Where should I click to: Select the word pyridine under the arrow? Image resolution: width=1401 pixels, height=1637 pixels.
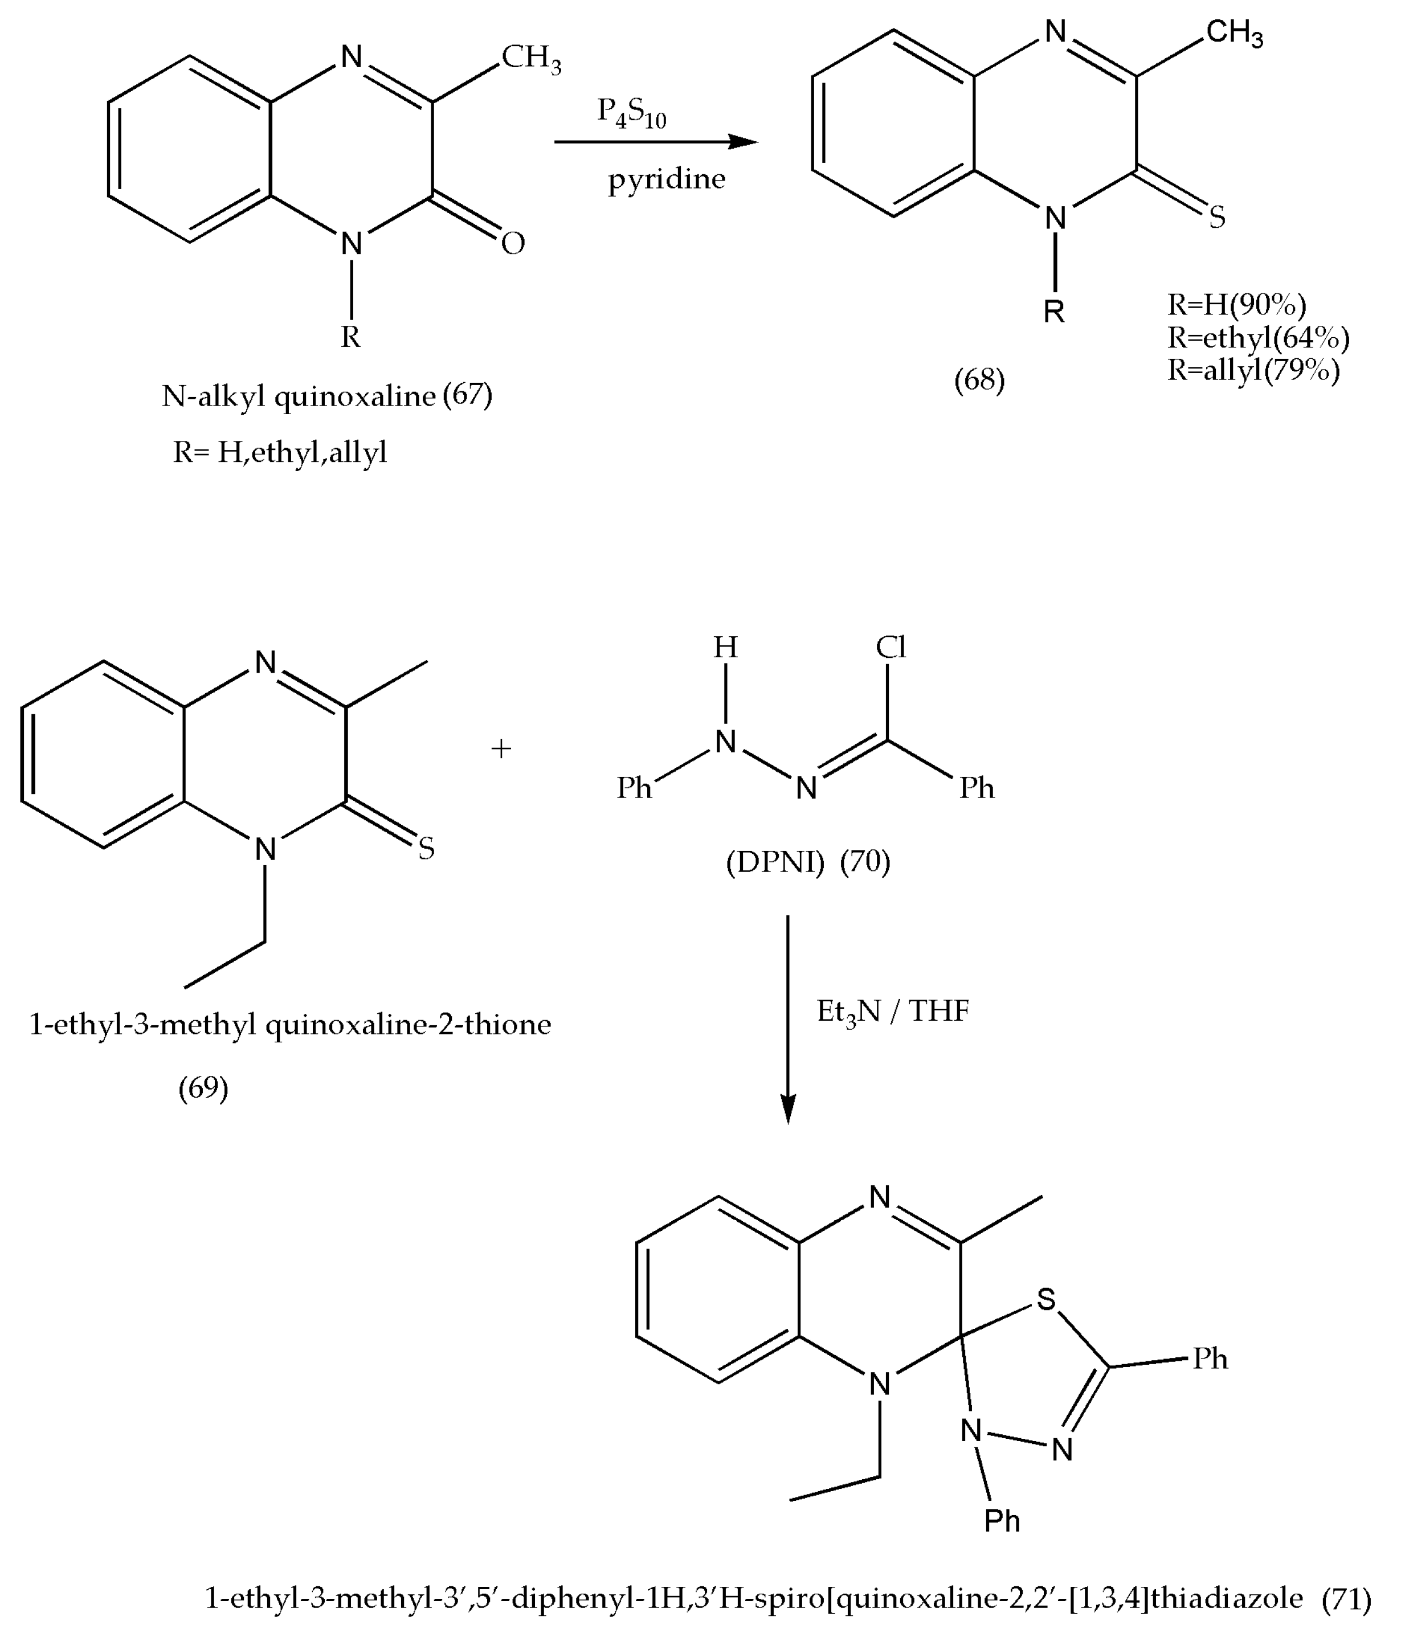coord(666,180)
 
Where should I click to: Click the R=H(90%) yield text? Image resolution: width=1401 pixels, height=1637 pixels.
coord(1237,304)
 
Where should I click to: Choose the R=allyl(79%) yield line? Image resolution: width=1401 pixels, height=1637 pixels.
coord(1253,370)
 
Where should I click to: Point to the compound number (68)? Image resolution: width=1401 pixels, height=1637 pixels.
coord(979,380)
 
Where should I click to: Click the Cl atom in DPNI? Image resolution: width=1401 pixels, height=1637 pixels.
coord(891,648)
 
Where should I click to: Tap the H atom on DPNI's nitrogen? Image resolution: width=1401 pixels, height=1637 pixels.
coord(725,648)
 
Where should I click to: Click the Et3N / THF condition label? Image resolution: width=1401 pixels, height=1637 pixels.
coord(893,1010)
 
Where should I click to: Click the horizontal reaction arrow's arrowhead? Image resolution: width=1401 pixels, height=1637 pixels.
coord(743,142)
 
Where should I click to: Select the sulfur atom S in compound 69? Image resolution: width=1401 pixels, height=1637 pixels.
coord(426,850)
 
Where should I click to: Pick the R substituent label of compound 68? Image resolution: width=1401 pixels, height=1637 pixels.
coord(1054,312)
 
